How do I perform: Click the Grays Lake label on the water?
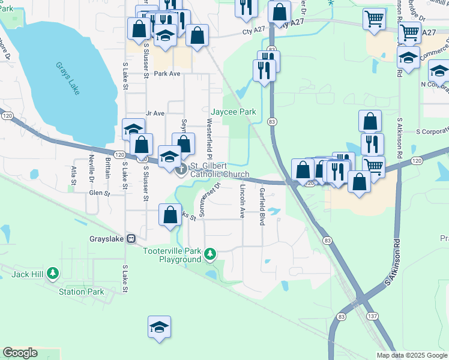pyautogui.click(x=67, y=79)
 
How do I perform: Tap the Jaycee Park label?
pyautogui.click(x=234, y=112)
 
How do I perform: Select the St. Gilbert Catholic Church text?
pyautogui.click(x=219, y=170)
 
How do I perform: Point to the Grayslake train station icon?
pyautogui.click(x=130, y=238)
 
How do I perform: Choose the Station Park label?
pyautogui.click(x=82, y=292)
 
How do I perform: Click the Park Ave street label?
pyautogui.click(x=167, y=74)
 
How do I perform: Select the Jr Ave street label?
pyautogui.click(x=155, y=113)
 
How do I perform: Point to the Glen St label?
pyautogui.click(x=100, y=193)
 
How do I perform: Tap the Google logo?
pyautogui.click(x=20, y=353)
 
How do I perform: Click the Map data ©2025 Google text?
pyautogui.click(x=411, y=355)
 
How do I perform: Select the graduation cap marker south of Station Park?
pyautogui.click(x=159, y=328)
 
